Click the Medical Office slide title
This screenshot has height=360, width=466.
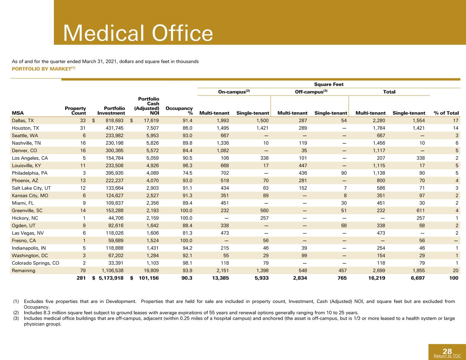[x=138, y=33]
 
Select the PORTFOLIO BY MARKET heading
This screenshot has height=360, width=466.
[x=44, y=69]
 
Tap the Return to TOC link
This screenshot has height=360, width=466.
[x=447, y=356]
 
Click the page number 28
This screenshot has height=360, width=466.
[x=447, y=351]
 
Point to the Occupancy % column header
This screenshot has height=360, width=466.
[x=179, y=111]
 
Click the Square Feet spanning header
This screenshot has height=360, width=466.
[x=329, y=84]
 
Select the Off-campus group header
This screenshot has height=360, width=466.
[x=311, y=92]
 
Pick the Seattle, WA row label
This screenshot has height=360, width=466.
[x=25, y=135]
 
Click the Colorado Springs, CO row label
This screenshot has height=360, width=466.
[x=36, y=263]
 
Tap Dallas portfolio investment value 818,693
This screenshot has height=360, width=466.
[x=114, y=120]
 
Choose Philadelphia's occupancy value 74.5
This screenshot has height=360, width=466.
[x=187, y=173]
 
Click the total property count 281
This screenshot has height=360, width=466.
[x=81, y=278]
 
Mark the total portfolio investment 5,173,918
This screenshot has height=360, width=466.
[x=111, y=278]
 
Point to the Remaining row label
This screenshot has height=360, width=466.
[x=23, y=271]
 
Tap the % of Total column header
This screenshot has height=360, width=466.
[x=446, y=113]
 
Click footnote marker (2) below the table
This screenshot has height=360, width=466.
[x=16, y=313]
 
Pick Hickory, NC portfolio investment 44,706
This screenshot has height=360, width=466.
[x=116, y=218]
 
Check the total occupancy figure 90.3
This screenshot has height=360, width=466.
[x=187, y=278]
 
